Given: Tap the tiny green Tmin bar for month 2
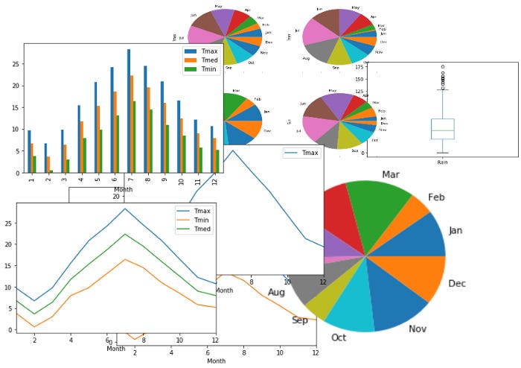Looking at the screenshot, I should [51, 171].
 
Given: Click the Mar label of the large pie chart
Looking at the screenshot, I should [392, 174].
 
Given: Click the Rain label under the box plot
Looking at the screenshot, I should [442, 162].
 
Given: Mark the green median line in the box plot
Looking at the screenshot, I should [442, 130].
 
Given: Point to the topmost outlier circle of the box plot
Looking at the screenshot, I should [442, 67].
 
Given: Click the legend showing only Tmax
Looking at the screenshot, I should [303, 153].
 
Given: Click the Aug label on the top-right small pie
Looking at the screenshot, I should [305, 58].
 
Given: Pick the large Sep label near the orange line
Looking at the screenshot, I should [300, 320].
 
